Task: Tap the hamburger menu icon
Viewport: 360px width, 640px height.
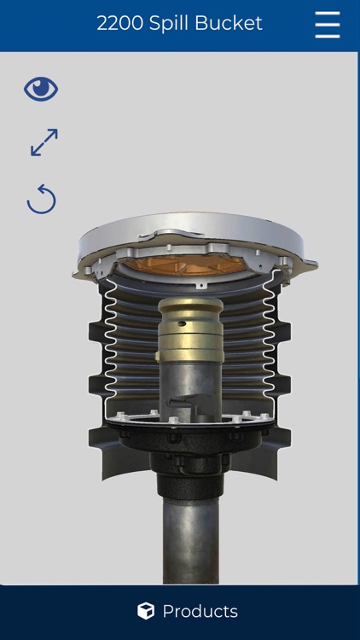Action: (327, 24)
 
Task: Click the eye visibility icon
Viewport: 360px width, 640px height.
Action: (41, 89)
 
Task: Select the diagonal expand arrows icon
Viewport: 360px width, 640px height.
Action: (44, 143)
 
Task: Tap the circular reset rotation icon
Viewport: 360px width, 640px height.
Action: (41, 200)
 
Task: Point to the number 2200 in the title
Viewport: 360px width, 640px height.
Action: (119, 24)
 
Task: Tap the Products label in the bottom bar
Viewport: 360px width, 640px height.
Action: (200, 611)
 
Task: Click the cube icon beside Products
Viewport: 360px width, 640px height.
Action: (146, 611)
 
